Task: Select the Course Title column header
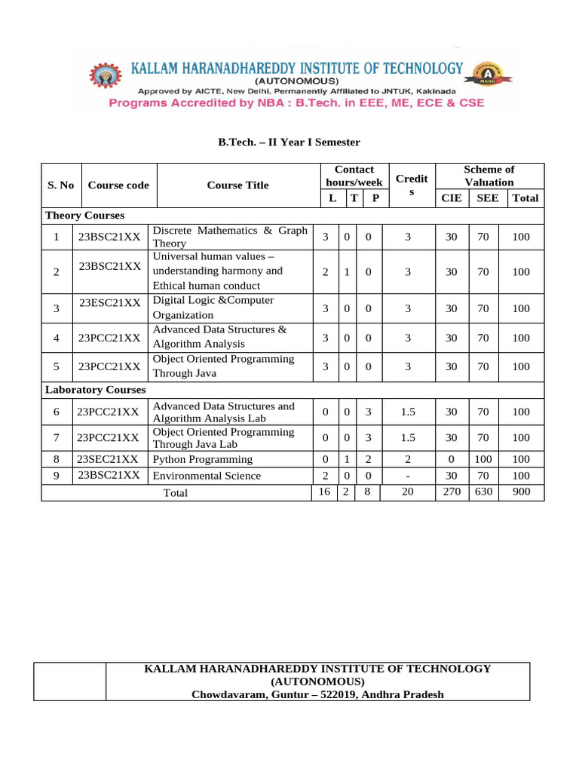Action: point(237,185)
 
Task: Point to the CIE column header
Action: point(451,198)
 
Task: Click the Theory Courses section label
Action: point(84,216)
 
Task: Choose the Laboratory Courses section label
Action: point(96,390)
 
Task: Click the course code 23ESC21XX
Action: point(109,302)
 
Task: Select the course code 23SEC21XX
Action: point(108,459)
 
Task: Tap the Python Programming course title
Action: point(203,459)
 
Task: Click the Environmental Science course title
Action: point(207,476)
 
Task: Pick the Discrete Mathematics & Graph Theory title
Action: point(230,237)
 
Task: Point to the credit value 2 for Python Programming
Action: point(407,459)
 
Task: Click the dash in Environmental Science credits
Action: point(407,476)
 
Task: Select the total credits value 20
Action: point(407,492)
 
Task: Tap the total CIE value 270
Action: point(451,492)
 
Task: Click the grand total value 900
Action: point(521,492)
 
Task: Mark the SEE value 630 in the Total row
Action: point(482,492)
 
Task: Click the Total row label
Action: point(176,493)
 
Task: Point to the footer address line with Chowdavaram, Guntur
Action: point(317,694)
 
